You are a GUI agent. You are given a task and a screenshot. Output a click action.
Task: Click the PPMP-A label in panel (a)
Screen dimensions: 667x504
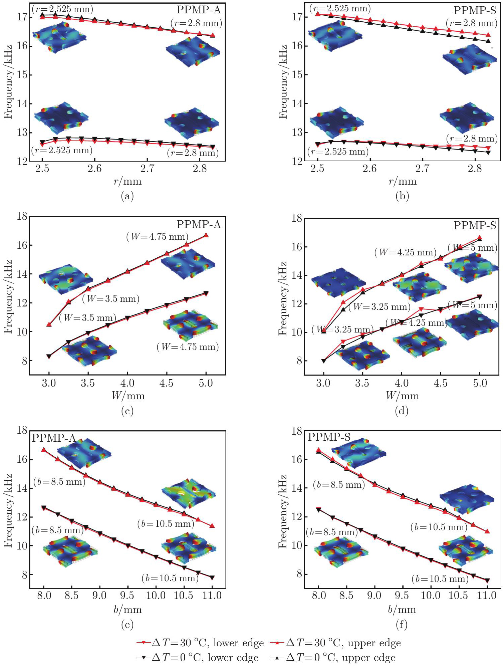pos(199,10)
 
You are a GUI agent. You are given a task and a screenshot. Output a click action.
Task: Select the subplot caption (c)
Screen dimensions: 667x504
pos(127,411)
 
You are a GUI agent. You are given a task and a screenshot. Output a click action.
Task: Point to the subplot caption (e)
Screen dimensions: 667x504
pos(127,624)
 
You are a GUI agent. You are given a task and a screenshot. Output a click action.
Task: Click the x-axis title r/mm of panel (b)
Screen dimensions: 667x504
pos(403,182)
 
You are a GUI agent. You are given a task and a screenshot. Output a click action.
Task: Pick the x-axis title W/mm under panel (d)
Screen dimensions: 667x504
pos(402,396)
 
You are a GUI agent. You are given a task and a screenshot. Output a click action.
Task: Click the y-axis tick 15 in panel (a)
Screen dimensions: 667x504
pos(22,75)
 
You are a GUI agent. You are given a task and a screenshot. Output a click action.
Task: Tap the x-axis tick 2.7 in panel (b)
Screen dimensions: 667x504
pos(422,169)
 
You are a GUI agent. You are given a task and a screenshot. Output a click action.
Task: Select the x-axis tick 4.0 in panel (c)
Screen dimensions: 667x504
pos(127,383)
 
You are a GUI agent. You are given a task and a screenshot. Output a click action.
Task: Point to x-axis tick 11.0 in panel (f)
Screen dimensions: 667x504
pos(487,595)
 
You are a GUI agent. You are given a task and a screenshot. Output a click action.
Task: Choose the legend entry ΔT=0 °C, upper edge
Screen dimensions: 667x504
pos(341,658)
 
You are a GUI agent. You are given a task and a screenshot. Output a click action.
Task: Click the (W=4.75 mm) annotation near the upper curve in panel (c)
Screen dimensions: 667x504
pos(157,237)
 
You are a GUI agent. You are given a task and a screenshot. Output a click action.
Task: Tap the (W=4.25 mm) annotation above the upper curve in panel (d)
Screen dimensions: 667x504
pos(405,252)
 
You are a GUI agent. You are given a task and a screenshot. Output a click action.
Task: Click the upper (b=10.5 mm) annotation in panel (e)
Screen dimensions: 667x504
pos(166,523)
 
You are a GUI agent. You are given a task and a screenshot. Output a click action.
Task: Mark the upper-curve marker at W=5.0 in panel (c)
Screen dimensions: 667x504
pos(206,235)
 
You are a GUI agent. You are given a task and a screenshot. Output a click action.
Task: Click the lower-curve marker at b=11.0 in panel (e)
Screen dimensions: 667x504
pos(212,578)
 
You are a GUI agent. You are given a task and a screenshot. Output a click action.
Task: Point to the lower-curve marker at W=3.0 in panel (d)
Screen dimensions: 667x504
pos(323,361)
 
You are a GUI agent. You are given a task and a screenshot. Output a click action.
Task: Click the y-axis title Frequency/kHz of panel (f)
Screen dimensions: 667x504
pos(283,511)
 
